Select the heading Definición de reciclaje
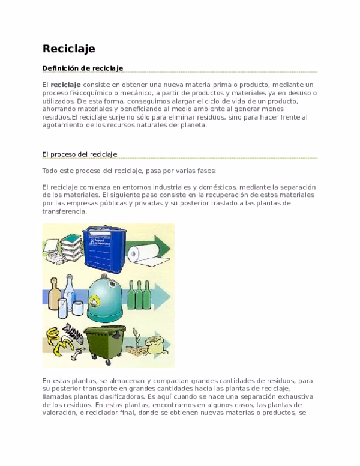[x=82, y=68]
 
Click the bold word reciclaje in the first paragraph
[x=65, y=85]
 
